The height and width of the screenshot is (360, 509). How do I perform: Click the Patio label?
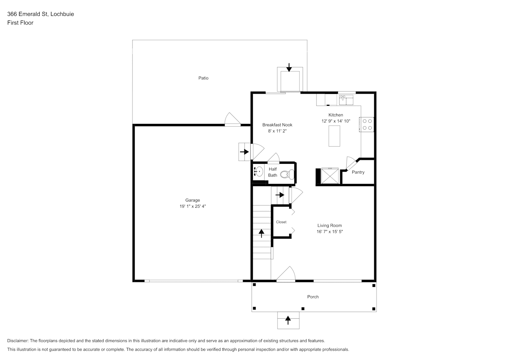point(203,78)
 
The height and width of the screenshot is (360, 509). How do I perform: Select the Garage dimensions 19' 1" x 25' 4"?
point(193,207)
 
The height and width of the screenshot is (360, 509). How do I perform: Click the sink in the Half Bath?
point(258,171)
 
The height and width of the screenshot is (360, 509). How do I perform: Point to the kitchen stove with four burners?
point(367,125)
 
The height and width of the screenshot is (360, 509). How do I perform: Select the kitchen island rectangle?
point(334,136)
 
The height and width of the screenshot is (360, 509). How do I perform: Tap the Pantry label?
point(358,172)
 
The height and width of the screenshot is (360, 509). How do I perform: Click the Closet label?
point(281,222)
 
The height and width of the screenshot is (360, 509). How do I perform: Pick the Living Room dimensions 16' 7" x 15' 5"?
point(329,232)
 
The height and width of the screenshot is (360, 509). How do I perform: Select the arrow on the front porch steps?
point(288,319)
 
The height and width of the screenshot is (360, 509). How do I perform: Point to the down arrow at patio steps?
point(289,67)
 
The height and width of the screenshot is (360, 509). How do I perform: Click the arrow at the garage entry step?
point(244,152)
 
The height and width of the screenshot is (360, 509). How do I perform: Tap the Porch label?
point(313,297)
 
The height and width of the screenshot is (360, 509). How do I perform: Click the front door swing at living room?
point(287,274)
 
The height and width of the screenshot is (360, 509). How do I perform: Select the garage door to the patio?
point(232,120)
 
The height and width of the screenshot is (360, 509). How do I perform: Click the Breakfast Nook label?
point(277,125)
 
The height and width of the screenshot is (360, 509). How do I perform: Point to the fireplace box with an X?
point(330,176)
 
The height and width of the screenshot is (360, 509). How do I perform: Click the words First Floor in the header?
point(20,23)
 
